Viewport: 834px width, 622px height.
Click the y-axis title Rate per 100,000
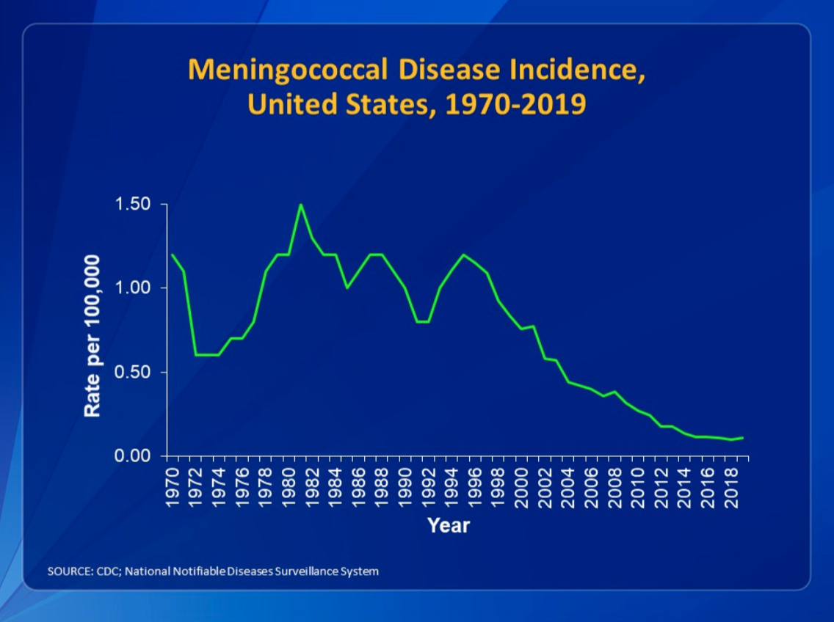point(92,336)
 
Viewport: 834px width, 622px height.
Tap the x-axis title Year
point(449,525)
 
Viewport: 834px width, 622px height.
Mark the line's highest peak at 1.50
point(300,205)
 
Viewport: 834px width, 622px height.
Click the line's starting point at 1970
point(173,255)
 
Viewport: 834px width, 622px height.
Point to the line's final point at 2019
point(743,438)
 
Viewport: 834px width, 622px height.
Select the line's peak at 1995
point(463,255)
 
